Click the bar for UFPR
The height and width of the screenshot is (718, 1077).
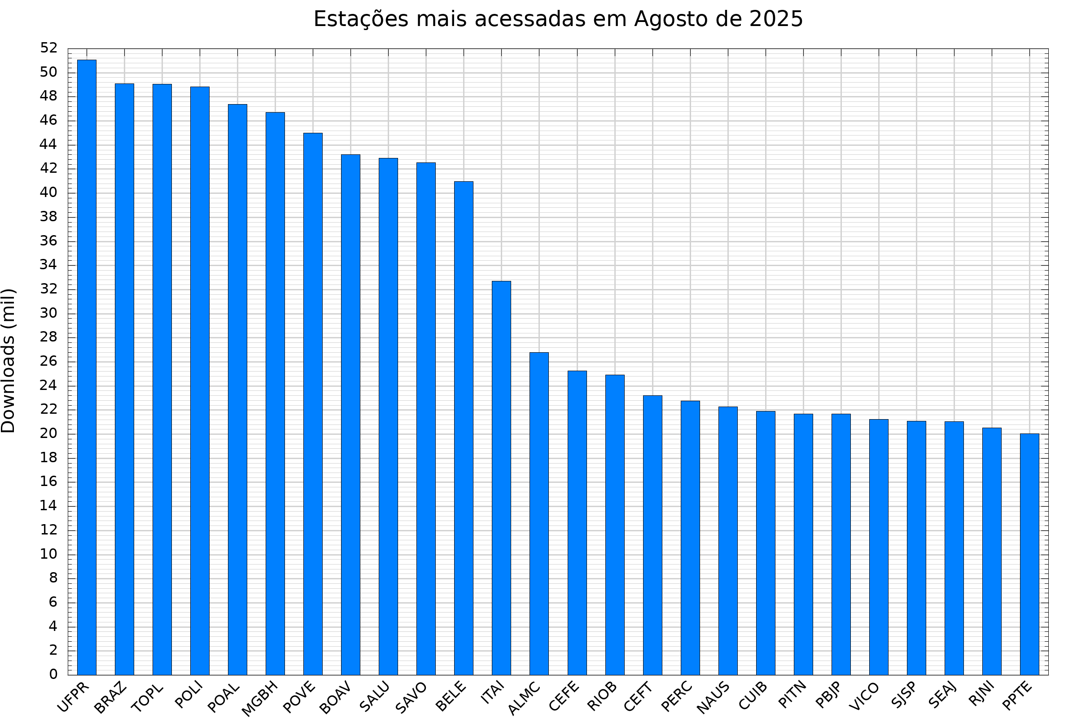tap(87, 367)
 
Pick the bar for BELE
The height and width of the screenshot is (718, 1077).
tap(464, 428)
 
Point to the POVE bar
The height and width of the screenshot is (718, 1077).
tap(313, 404)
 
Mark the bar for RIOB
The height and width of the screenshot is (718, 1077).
tap(614, 525)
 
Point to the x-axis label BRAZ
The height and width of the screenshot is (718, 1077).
tap(110, 697)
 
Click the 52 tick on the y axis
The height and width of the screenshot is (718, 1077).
tap(48, 48)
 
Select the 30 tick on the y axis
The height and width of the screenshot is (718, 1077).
tap(48, 313)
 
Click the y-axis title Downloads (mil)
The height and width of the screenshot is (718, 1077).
tap(8, 361)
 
